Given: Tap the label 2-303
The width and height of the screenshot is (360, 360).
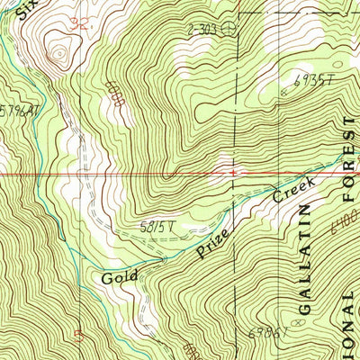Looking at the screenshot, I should [202, 29].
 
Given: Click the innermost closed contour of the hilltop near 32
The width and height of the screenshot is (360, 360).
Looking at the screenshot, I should [59, 54].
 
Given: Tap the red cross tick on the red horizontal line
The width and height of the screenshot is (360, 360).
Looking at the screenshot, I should [233, 170].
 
